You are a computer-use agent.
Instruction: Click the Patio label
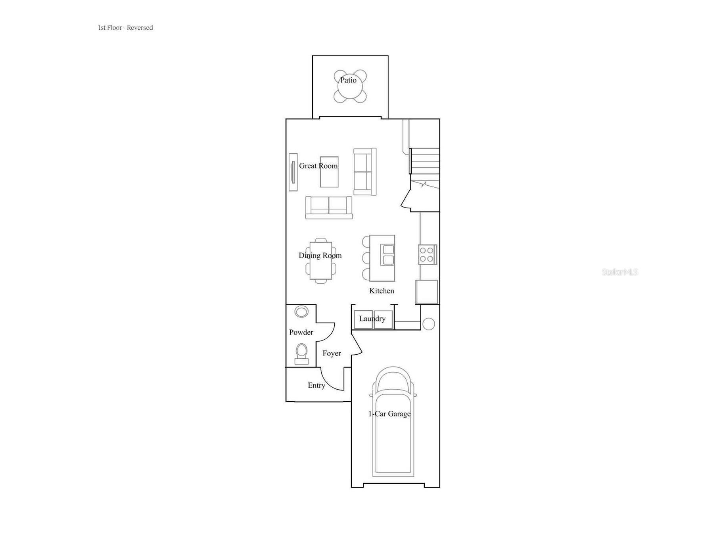coord(348,80)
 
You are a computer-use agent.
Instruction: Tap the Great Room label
coord(318,166)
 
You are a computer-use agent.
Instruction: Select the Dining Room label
coord(320,256)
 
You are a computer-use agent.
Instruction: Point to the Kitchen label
coord(382,291)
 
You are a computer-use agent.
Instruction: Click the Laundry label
coord(372,319)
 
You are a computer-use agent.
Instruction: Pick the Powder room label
coord(301,333)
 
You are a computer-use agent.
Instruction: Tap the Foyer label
coord(332,354)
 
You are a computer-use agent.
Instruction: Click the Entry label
coord(316,385)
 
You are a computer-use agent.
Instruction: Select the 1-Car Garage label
coord(389,414)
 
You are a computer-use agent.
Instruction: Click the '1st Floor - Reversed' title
coord(125,28)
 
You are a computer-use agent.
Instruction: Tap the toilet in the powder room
coord(301,354)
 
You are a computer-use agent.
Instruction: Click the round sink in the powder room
coord(301,312)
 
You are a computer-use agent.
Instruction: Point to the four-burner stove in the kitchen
coord(428,254)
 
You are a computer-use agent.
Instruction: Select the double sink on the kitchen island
coord(388,255)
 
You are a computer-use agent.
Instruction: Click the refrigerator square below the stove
coord(427,292)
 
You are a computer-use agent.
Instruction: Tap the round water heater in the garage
coord(429,324)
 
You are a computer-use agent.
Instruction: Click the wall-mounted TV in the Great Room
coord(293,172)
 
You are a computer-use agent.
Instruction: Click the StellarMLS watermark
coord(620,272)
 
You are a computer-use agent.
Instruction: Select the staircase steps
coord(425,161)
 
